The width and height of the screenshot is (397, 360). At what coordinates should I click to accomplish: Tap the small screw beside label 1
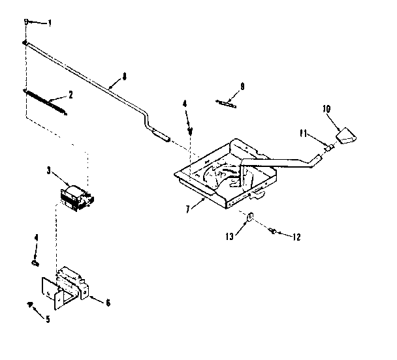27,22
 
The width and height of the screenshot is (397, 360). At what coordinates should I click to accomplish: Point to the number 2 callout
70,94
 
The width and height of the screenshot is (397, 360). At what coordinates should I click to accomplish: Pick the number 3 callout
48,170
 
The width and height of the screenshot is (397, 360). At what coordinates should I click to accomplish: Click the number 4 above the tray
185,103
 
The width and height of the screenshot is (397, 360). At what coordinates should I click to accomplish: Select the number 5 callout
46,319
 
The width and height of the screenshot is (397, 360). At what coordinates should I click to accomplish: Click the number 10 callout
326,110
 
